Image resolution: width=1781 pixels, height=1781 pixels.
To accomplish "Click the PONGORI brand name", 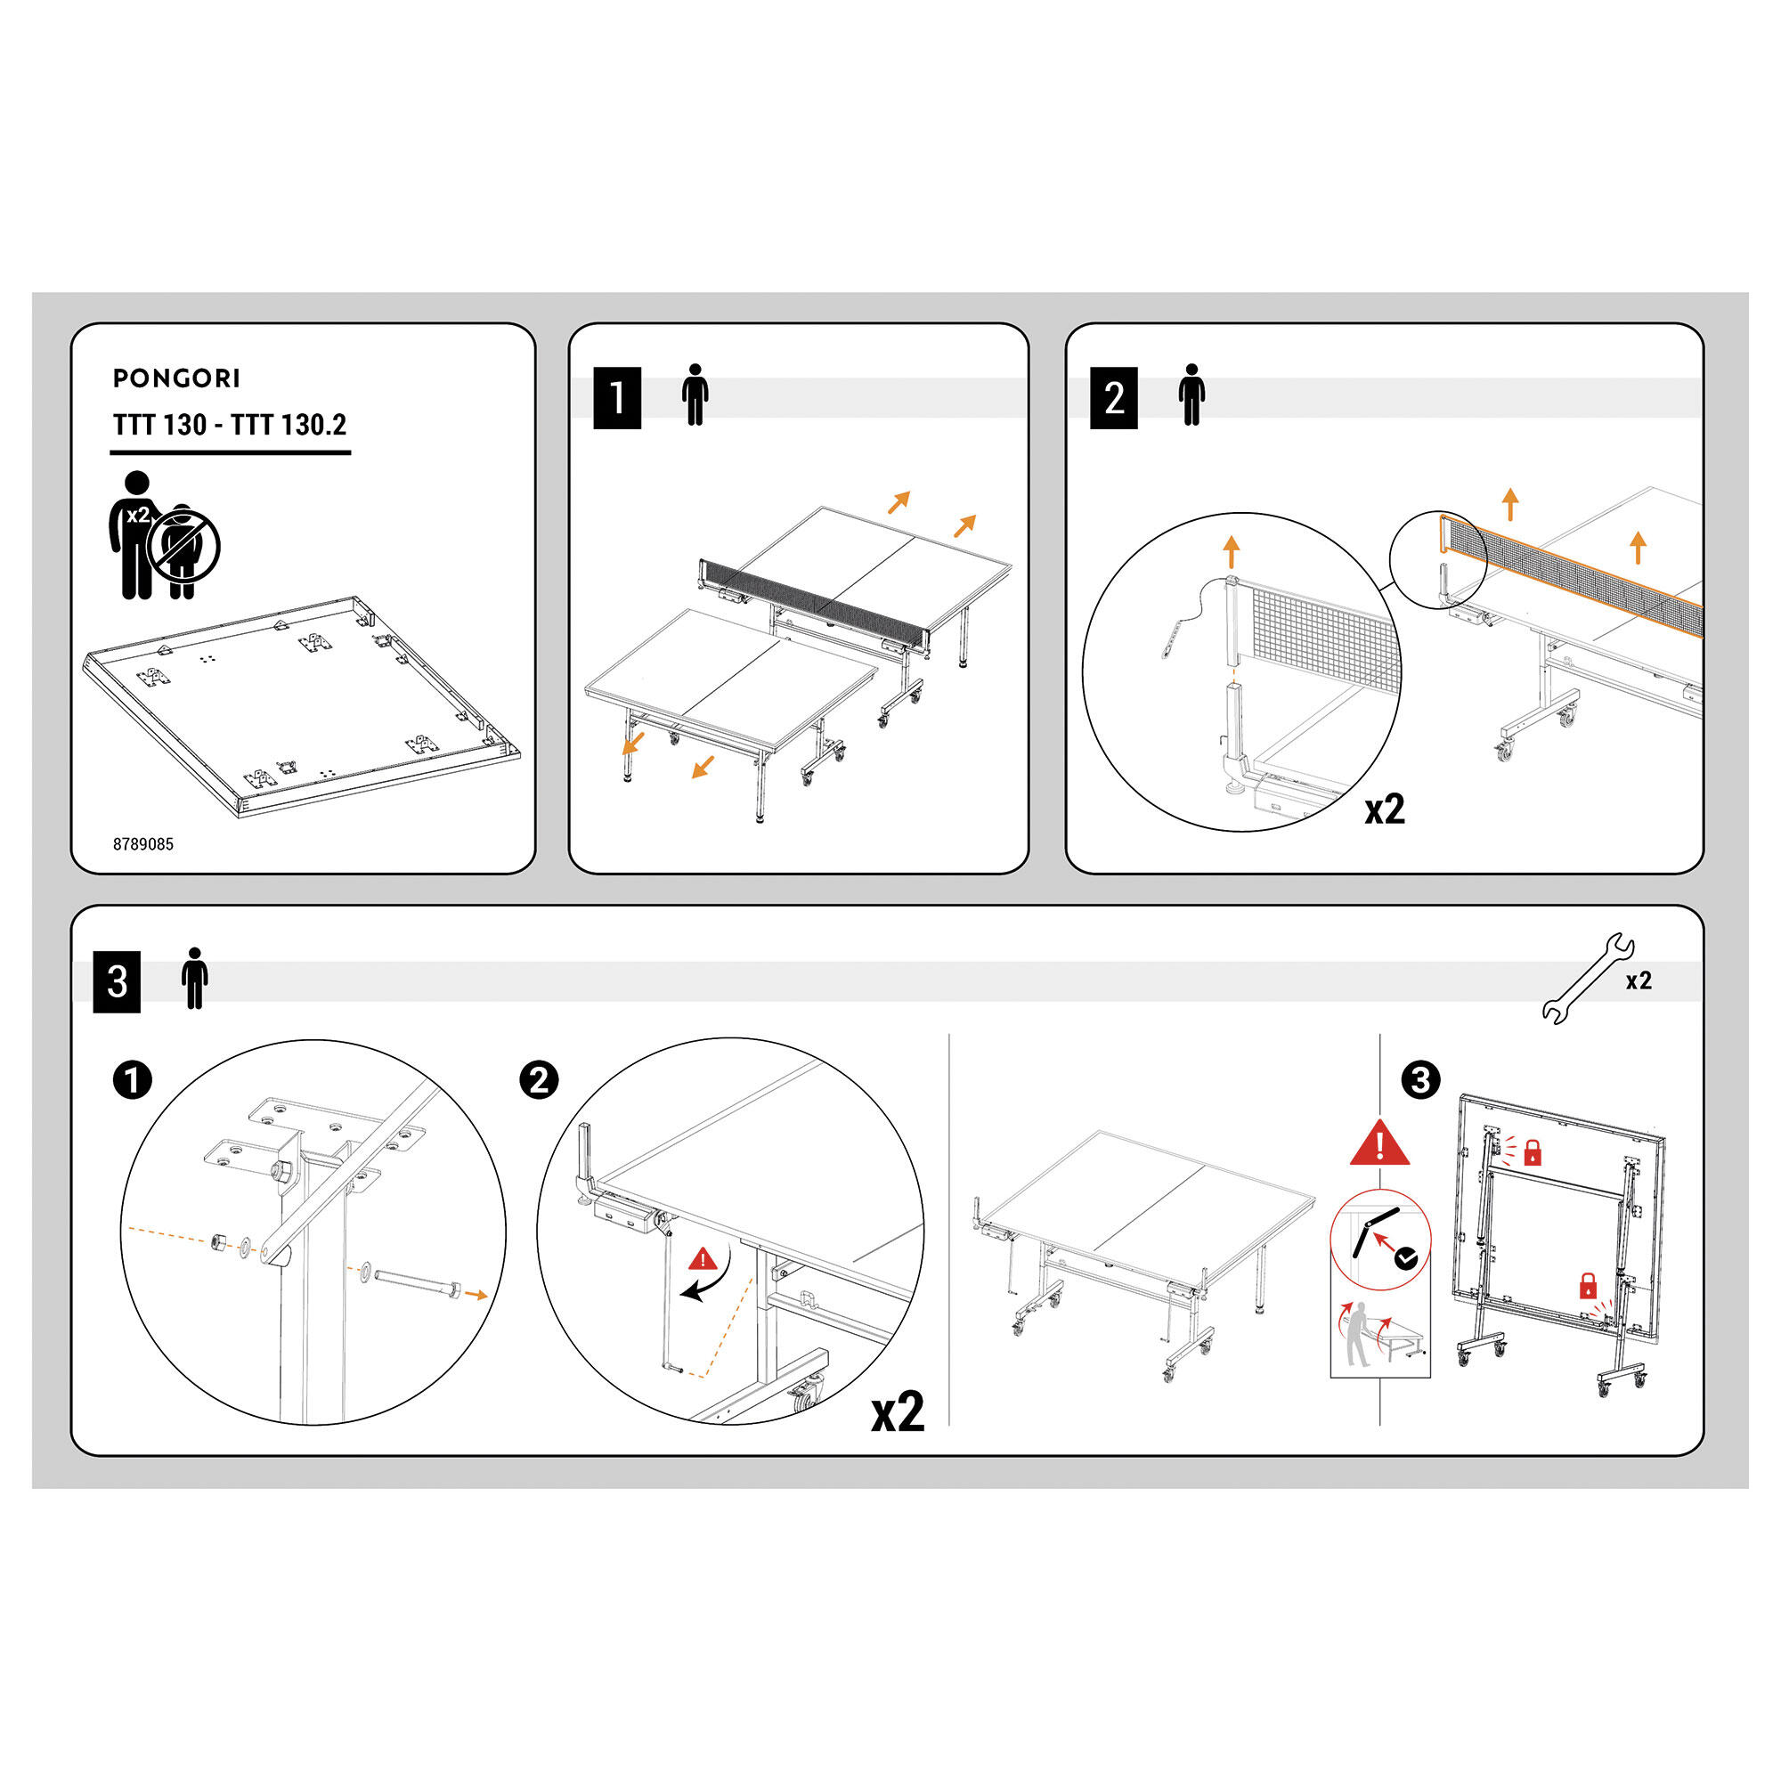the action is pos(176,378).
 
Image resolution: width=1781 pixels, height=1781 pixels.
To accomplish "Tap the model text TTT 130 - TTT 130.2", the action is pos(230,425).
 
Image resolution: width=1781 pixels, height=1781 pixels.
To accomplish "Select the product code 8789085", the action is pos(142,844).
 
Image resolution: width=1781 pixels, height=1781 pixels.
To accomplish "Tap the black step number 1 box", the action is pos(617,398).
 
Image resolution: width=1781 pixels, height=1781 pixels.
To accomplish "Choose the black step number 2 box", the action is pos(1114,398).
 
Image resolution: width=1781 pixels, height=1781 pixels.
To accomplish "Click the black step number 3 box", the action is pos(117,981).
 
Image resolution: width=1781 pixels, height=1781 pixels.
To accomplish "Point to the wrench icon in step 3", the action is pos(1589,979).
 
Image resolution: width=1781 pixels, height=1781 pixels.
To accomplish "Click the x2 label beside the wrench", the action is pos(1639,980).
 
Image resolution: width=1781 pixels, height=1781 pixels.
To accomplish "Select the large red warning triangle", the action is pos(1380,1144).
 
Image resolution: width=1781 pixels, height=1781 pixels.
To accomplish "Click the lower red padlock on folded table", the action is pos(1588,1286).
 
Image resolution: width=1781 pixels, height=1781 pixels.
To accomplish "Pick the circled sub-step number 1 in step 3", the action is pos(132,1080).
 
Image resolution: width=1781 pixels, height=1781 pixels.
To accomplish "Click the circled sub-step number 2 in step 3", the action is pos(540,1080).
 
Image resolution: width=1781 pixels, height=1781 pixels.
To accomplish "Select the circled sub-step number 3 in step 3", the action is pos(1420,1080).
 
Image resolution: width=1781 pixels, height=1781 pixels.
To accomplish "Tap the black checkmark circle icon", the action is pos(1406,1259).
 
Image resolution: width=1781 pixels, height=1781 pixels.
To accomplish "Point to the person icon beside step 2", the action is pos(1191,394).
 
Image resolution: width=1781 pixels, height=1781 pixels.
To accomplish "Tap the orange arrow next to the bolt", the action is pos(476,1295).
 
